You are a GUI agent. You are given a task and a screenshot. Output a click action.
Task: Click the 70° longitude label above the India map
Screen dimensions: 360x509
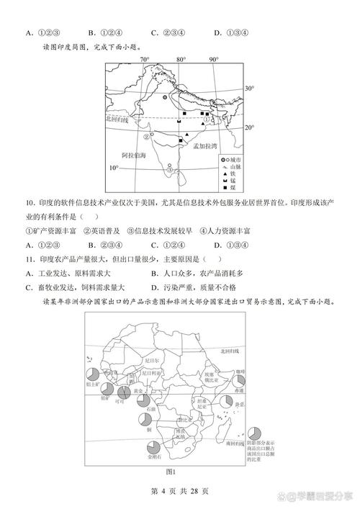point(144,59)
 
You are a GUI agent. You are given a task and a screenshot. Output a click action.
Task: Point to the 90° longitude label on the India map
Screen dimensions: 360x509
point(214,59)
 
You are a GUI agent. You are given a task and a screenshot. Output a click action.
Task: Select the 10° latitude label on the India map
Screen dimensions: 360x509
point(113,168)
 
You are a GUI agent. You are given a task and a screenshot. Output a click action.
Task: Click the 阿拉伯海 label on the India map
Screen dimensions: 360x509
point(134,155)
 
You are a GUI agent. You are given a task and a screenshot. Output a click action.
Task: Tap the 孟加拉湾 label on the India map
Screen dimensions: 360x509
point(205,145)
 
